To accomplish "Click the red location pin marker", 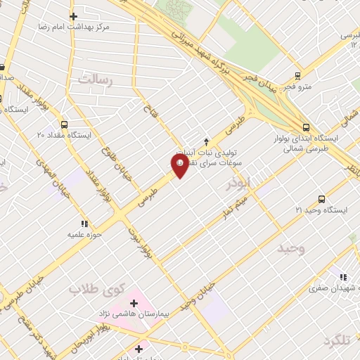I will pos(180,165).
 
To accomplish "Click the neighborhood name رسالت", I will pos(95,79).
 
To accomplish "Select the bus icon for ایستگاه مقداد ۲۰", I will pos(65,124).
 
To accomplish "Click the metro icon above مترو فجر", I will pos(297,76).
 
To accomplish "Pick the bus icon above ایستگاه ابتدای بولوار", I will pos(306,127).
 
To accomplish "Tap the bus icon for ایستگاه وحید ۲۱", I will pos(322,199).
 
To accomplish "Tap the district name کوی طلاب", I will pos(96,289).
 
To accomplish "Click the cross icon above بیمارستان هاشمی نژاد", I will pos(134,302).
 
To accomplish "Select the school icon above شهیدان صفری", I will pos(343,278).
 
